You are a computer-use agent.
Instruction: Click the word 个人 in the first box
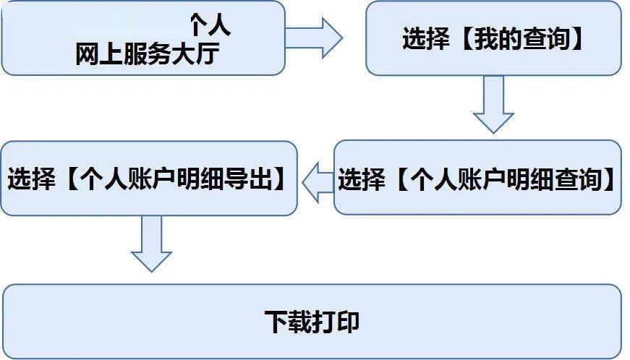click(x=210, y=27)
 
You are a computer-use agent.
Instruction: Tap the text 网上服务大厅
click(x=145, y=55)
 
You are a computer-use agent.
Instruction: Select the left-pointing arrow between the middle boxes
click(x=316, y=179)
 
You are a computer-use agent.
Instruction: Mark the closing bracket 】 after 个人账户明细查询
click(x=612, y=179)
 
